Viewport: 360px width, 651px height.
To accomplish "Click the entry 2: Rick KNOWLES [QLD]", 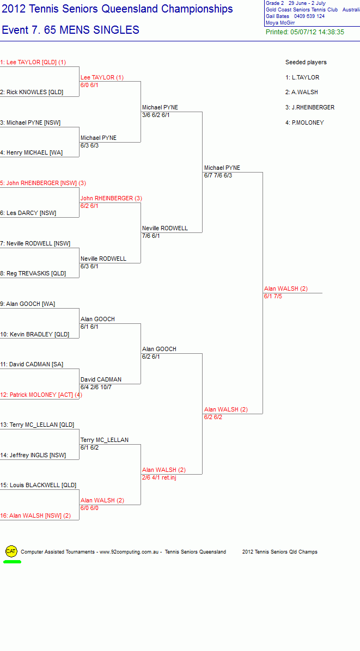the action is point(32,92).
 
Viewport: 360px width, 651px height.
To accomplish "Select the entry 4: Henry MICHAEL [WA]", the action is point(31,153).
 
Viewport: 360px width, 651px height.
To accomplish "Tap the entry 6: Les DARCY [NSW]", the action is point(28,213).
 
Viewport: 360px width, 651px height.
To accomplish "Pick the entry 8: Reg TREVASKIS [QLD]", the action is point(33,274).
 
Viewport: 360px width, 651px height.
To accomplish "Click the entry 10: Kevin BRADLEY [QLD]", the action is point(35,334).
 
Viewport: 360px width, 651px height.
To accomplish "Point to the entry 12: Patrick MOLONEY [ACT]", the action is point(41,395).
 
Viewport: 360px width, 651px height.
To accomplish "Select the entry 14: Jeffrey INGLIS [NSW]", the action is point(33,455).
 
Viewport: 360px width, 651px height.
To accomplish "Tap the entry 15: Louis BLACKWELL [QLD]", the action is point(38,485).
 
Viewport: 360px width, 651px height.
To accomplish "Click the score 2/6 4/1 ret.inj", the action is point(160,477).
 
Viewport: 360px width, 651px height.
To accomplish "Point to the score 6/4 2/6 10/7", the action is point(96,387).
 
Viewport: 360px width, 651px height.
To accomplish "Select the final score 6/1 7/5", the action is point(273,297).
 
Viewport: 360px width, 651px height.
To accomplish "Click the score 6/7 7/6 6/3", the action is point(218,176).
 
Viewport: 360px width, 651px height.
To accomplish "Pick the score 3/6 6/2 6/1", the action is point(156,115).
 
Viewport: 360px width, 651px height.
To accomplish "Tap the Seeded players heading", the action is point(306,62).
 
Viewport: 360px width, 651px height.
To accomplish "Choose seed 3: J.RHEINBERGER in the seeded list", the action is point(310,108).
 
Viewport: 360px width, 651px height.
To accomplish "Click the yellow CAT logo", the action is point(11,551).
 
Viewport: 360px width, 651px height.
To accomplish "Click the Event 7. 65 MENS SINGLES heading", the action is point(71,30).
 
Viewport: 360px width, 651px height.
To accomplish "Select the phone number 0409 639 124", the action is point(309,16).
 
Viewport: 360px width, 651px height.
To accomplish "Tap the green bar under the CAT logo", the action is point(13,562).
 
